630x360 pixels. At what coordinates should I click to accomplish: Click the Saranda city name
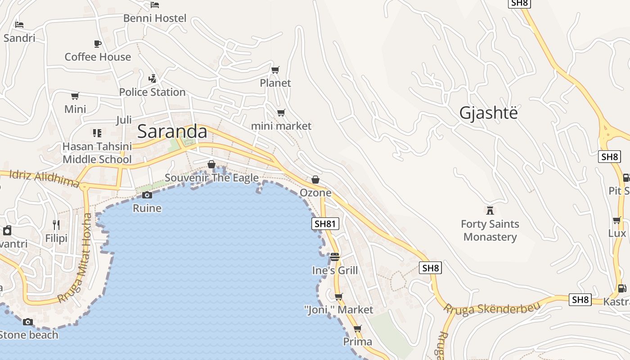click(172, 131)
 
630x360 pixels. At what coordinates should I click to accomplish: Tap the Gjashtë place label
click(488, 113)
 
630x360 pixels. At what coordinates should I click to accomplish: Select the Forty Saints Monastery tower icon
click(490, 210)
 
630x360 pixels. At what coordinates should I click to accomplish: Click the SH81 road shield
click(325, 224)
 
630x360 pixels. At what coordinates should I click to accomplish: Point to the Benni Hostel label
click(155, 18)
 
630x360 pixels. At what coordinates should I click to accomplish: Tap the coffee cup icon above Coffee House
click(98, 44)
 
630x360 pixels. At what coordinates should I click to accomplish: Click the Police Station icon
click(153, 79)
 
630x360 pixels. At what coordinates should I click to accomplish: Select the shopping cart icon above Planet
click(275, 70)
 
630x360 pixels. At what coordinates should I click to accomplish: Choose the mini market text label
click(281, 126)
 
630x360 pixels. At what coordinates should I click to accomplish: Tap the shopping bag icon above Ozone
click(315, 180)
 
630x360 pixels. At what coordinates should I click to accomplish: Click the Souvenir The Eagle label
click(211, 178)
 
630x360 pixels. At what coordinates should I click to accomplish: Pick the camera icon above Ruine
click(147, 195)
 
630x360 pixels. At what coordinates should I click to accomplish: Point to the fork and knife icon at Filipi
click(56, 225)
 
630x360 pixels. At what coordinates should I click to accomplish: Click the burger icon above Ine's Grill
click(335, 257)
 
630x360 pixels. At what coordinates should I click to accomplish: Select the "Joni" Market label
click(338, 310)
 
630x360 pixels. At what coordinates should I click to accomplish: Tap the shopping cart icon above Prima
click(358, 328)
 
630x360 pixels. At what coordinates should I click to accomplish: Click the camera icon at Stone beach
click(28, 322)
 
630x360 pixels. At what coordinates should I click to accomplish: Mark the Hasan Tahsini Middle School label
click(97, 153)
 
